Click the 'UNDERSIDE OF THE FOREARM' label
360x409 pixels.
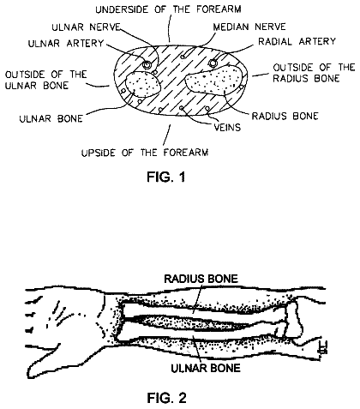pos(168,9)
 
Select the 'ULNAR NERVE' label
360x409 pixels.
pos(86,27)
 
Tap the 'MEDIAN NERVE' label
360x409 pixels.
pos(249,27)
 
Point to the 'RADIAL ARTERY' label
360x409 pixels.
pos(297,41)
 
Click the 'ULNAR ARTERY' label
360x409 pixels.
pos(66,44)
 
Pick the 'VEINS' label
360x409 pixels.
pos(227,127)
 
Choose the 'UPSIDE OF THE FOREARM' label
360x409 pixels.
pos(145,153)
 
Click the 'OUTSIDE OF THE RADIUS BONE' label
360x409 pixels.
pos(314,73)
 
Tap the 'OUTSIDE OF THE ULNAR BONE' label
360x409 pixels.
pos(45,80)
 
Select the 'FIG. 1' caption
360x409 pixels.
pos(166,177)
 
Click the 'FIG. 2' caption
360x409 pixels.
pos(166,398)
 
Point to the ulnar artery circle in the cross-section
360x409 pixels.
pos(147,65)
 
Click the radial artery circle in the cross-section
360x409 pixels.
pos(213,63)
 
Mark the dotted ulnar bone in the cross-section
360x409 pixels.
pos(143,84)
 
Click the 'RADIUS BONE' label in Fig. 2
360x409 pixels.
pos(201,279)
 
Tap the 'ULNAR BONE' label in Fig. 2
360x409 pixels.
pos(206,368)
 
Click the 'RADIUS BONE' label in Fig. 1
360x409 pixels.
pos(285,116)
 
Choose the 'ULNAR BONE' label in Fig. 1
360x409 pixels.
pos(51,118)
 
